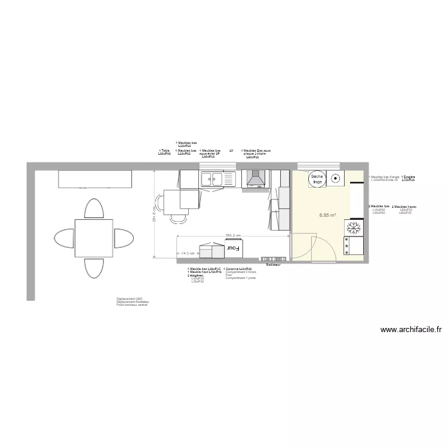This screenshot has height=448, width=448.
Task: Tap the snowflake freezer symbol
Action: point(352,228)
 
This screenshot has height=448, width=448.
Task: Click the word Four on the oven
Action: point(232,247)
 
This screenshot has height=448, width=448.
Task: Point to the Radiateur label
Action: point(273,264)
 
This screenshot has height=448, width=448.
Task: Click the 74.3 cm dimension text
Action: point(188,253)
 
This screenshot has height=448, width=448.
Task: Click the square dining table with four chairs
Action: point(94,238)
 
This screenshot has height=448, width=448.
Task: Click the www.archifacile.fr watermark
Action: point(411,329)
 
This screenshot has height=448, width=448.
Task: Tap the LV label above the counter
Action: point(231,151)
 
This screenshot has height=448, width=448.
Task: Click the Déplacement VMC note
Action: point(130,299)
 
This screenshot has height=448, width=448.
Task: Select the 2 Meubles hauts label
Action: point(404,207)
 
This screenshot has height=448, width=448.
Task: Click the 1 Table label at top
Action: point(164,151)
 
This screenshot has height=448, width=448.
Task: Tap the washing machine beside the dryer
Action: point(335,177)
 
